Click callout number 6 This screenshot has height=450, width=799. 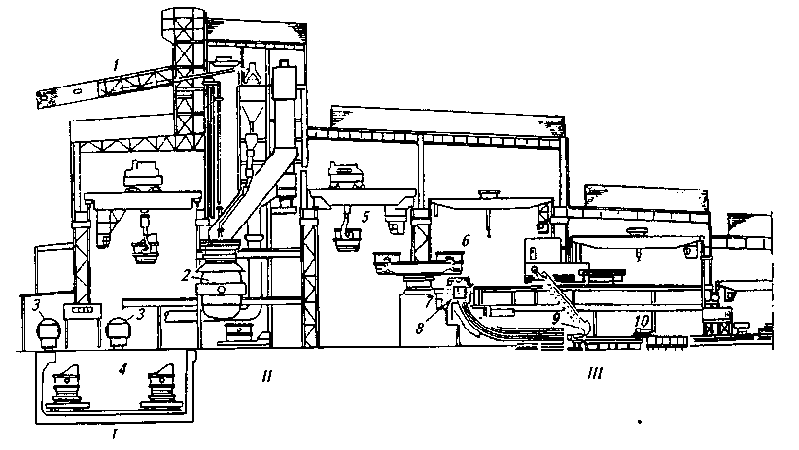(466, 239)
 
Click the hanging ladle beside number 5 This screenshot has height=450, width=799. (343, 236)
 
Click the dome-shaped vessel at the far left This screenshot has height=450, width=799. (43, 331)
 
